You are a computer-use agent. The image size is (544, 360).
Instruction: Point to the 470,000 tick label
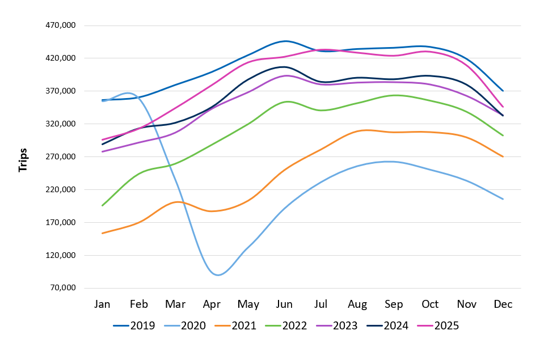60,26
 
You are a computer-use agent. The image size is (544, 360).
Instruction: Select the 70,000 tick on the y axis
62,288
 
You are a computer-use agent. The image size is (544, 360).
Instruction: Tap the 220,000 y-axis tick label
60,189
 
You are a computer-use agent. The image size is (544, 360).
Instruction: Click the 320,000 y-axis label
60,124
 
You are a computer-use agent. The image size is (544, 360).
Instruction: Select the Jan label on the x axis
102,304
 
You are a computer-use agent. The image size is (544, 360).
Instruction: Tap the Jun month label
284,304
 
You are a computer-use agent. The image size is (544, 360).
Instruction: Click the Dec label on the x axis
503,304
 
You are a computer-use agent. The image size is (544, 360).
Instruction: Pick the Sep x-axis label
394,304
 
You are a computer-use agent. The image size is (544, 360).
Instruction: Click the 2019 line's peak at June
285,41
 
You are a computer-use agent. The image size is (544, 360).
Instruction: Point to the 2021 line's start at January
102,233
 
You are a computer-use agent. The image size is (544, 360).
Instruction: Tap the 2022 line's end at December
503,135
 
